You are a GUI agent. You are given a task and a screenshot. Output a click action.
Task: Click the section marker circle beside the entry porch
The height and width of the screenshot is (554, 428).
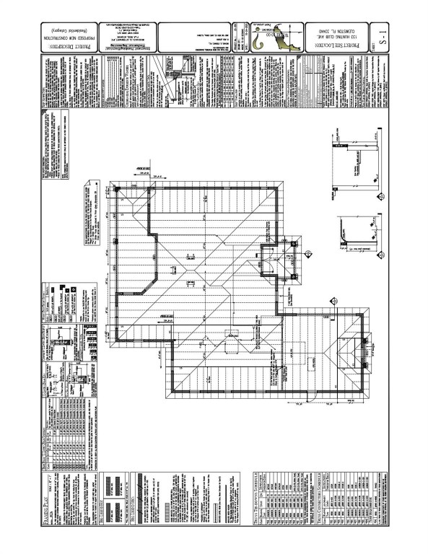click(x=308, y=253)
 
